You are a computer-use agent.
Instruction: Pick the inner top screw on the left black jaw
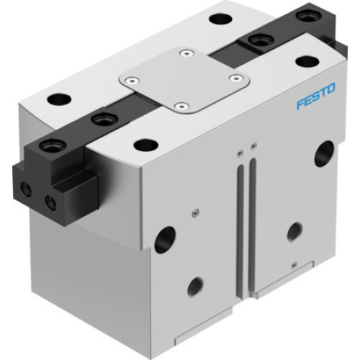(x=101, y=118)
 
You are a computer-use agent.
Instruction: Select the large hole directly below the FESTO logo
(x=324, y=153)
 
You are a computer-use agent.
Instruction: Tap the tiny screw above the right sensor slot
(x=252, y=147)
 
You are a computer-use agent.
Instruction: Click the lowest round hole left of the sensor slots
(x=195, y=287)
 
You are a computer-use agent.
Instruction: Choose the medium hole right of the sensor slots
(x=294, y=231)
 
